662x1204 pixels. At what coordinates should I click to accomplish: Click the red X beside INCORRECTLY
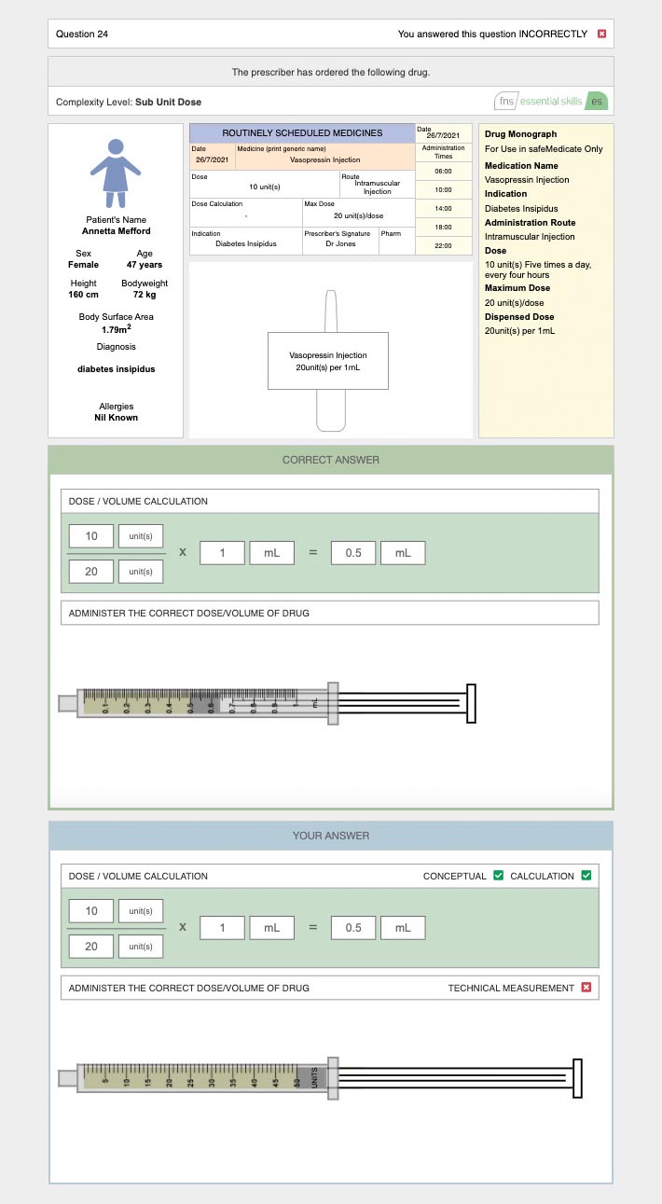pos(601,35)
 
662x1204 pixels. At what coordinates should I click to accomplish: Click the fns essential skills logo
pos(553,101)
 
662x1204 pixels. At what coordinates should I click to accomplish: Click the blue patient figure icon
pos(115,173)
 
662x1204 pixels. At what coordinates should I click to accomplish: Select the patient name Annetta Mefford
pos(116,231)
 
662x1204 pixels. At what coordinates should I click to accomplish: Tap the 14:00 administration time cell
pos(443,208)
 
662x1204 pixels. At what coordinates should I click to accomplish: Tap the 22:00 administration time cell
pos(443,245)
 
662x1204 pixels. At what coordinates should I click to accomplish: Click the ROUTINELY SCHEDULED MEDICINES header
pos(302,133)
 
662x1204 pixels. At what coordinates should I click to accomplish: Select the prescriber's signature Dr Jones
pos(340,244)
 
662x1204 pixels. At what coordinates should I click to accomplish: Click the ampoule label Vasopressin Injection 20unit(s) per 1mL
pos(328,361)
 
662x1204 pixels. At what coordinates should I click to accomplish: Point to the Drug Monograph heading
pos(520,134)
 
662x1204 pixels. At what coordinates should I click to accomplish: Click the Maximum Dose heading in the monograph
pos(517,288)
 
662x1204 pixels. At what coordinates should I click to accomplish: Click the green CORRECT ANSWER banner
pos(331,460)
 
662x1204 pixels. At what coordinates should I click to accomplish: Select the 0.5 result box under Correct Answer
pos(353,552)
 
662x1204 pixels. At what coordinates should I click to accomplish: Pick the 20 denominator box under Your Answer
pos(91,947)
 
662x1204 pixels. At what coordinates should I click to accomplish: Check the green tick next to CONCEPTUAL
pos(499,876)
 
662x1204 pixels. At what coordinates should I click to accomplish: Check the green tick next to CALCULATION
pos(586,876)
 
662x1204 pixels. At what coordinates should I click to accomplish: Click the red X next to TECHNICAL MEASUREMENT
pos(586,988)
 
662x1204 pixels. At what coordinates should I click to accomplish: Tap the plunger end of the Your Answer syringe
pos(577,1078)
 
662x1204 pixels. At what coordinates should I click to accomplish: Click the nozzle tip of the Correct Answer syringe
pos(66,702)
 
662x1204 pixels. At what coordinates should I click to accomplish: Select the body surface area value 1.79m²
pos(116,329)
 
